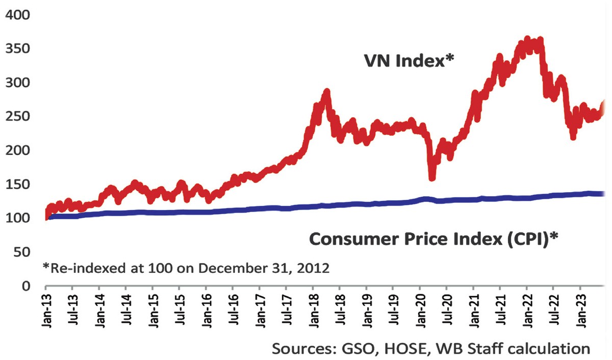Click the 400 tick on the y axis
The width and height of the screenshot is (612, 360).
point(18,15)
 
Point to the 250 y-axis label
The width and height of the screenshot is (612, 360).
point(18,117)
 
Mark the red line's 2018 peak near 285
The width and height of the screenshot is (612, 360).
point(327,92)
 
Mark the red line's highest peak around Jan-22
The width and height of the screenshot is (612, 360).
point(528,40)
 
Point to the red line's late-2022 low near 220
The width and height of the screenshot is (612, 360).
point(573,137)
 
